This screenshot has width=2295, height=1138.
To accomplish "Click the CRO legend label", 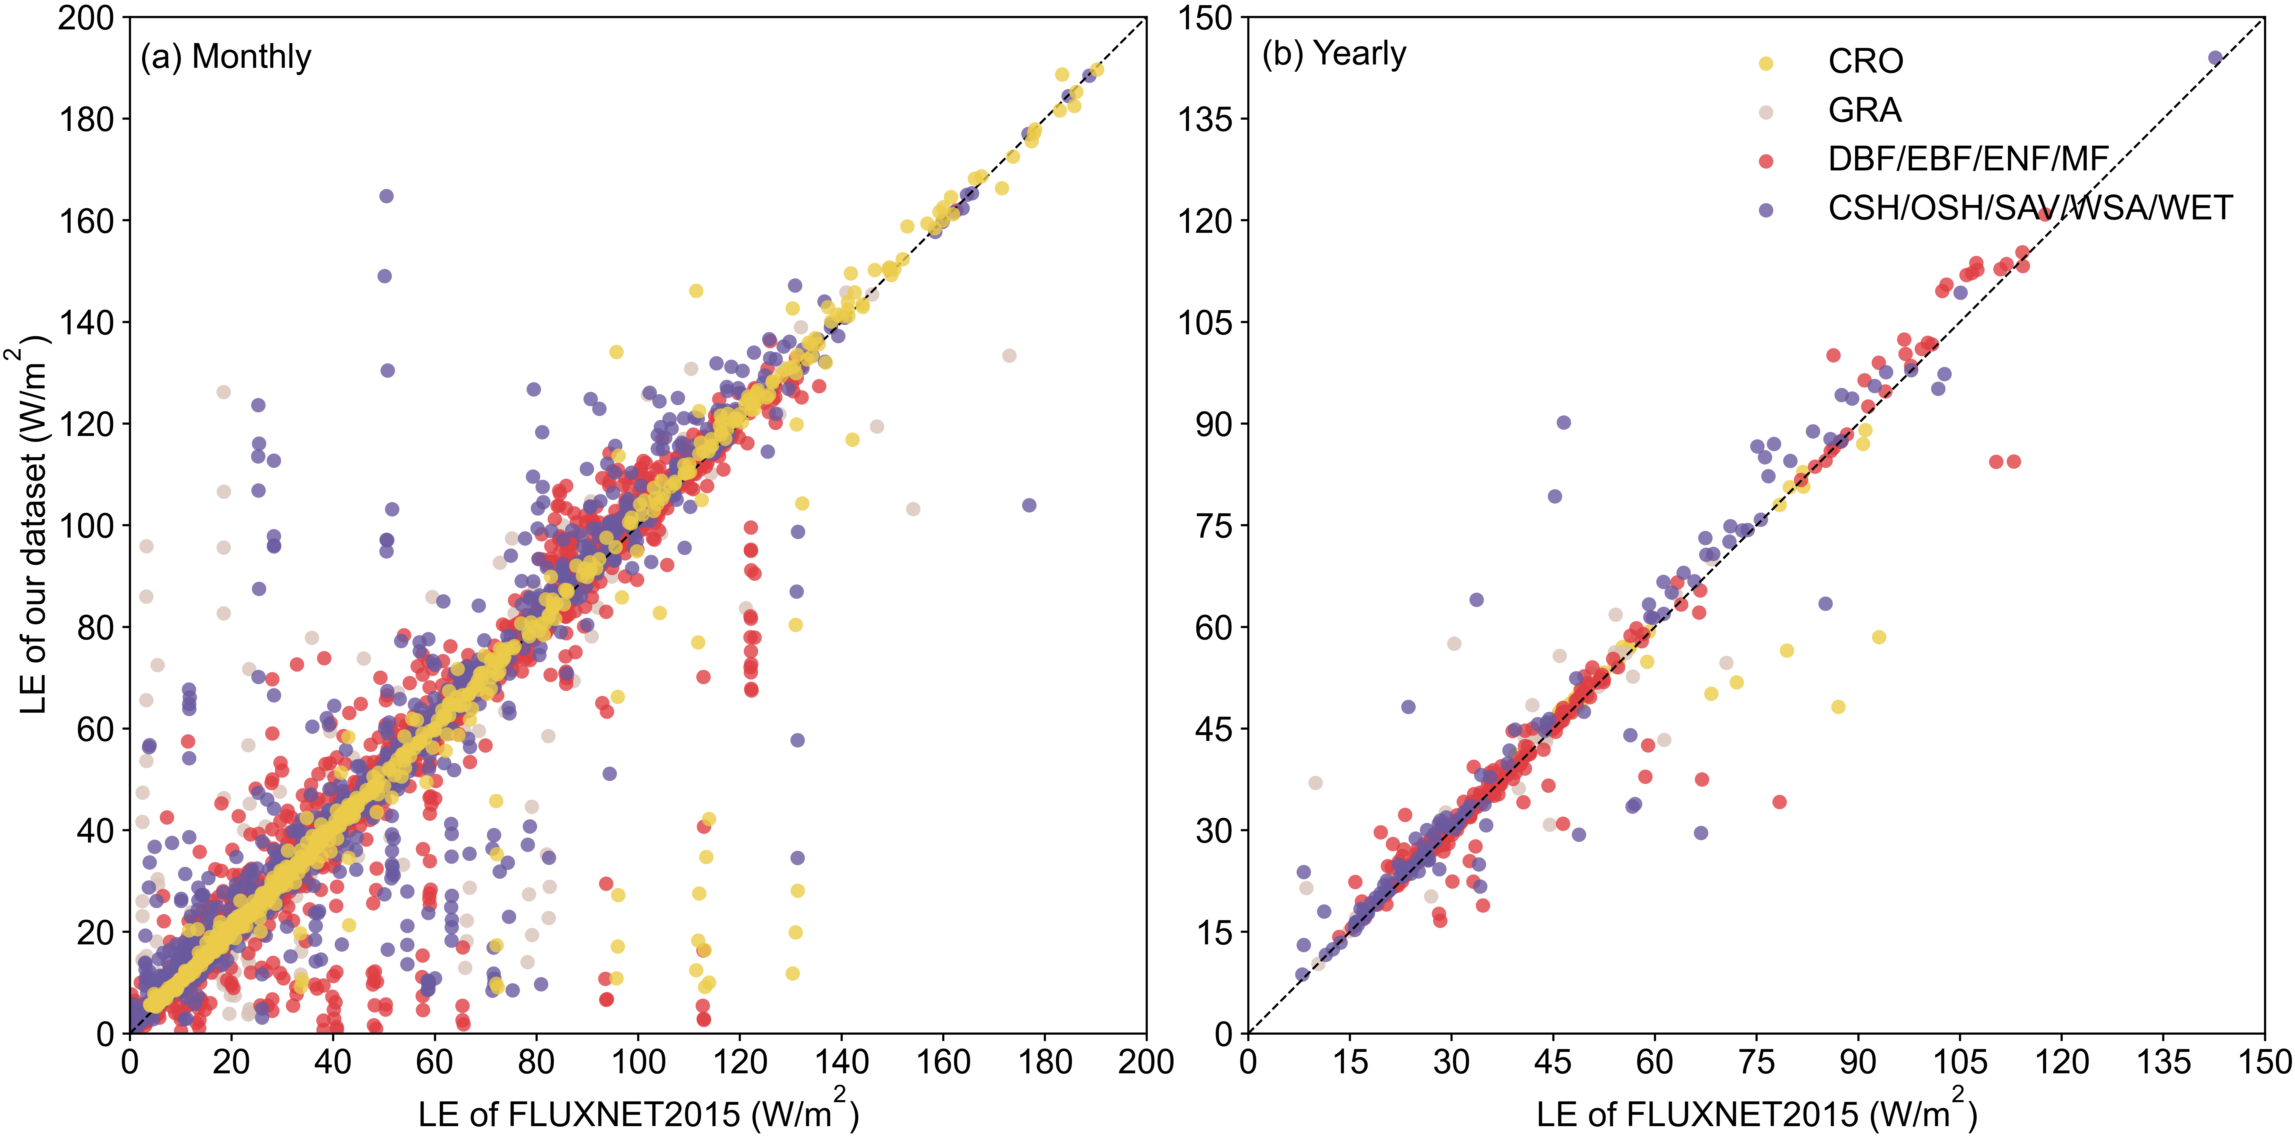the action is [1866, 62].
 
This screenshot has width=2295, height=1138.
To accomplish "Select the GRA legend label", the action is [1865, 111].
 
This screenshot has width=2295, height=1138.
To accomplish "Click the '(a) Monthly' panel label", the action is [225, 57].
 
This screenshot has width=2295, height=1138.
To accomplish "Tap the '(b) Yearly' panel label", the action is [1334, 54].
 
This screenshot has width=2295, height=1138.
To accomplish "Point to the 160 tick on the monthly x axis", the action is [943, 1062].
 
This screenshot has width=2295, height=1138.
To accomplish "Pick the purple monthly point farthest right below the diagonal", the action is [1029, 505].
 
